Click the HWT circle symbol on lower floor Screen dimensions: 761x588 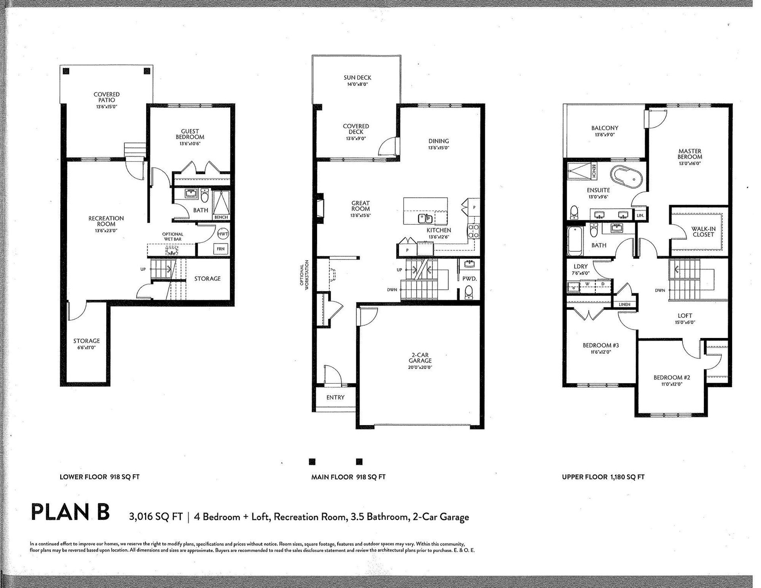(x=223, y=234)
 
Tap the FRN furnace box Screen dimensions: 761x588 (x=221, y=249)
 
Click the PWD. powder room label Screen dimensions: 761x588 (x=470, y=279)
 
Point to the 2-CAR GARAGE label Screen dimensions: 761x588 (x=420, y=358)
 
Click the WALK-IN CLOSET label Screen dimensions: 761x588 (x=703, y=231)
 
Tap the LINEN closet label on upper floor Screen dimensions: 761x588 (x=624, y=304)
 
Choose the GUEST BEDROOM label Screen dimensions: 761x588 (x=190, y=134)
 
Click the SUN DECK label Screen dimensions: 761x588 (x=358, y=78)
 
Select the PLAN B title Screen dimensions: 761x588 (x=70, y=512)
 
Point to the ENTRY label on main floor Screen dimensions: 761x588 (x=335, y=397)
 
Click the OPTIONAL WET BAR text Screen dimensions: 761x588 (x=172, y=237)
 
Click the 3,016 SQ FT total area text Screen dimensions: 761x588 (x=155, y=517)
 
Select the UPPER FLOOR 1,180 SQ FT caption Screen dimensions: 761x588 (x=603, y=477)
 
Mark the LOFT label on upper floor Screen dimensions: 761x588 (x=685, y=316)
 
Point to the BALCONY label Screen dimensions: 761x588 (x=605, y=128)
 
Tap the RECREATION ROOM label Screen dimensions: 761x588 (x=106, y=221)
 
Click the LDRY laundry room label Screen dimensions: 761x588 (x=581, y=267)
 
